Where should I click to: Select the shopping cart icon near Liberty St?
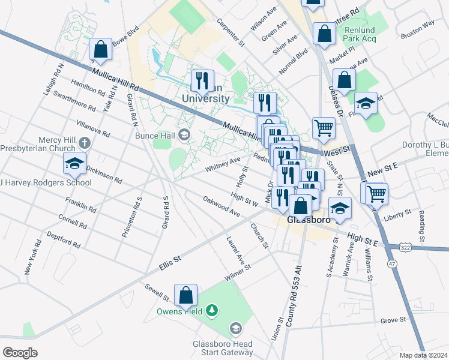click(x=376, y=194)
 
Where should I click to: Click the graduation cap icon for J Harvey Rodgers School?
click(x=74, y=163)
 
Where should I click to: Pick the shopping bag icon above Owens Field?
click(x=185, y=295)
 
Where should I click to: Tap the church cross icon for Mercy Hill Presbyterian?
click(x=85, y=143)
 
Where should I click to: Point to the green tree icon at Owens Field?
click(x=211, y=310)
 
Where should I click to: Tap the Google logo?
click(x=20, y=352)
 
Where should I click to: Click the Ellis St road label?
click(x=170, y=260)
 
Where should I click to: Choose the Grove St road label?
click(x=393, y=320)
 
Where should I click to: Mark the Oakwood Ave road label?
click(x=221, y=206)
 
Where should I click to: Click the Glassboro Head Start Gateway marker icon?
click(x=236, y=328)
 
